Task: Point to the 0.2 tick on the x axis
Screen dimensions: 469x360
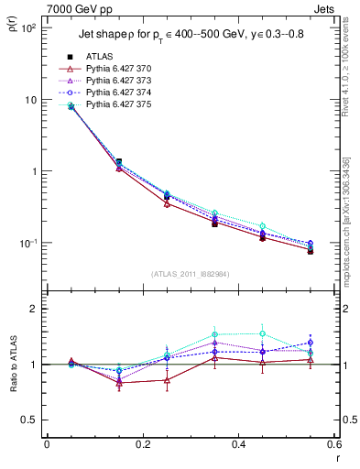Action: [143, 446]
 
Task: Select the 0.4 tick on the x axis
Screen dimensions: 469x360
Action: [239, 446]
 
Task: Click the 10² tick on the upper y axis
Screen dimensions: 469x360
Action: [29, 28]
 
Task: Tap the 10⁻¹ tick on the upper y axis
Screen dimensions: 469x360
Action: [29, 243]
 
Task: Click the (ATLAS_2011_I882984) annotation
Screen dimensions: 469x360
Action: [191, 274]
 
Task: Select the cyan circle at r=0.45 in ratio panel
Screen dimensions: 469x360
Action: [263, 334]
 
